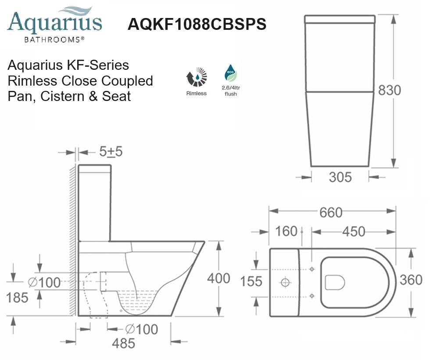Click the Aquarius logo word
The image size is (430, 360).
[54, 23]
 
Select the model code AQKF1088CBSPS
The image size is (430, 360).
[197, 25]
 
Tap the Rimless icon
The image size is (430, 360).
[196, 78]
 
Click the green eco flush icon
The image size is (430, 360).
[230, 73]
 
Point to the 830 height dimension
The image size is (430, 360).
[390, 90]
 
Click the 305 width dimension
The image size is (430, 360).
[340, 177]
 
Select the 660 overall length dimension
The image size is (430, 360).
[331, 212]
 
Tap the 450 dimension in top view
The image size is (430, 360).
[353, 231]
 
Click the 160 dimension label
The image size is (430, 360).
[287, 231]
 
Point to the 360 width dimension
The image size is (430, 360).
[411, 280]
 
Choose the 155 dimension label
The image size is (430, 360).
[251, 281]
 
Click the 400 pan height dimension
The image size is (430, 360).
[219, 278]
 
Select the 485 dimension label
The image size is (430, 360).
[123, 343]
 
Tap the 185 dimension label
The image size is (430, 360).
[17, 298]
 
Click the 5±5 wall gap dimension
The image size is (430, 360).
[111, 152]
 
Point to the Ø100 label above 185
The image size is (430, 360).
[44, 282]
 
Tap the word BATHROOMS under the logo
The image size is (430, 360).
[54, 40]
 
